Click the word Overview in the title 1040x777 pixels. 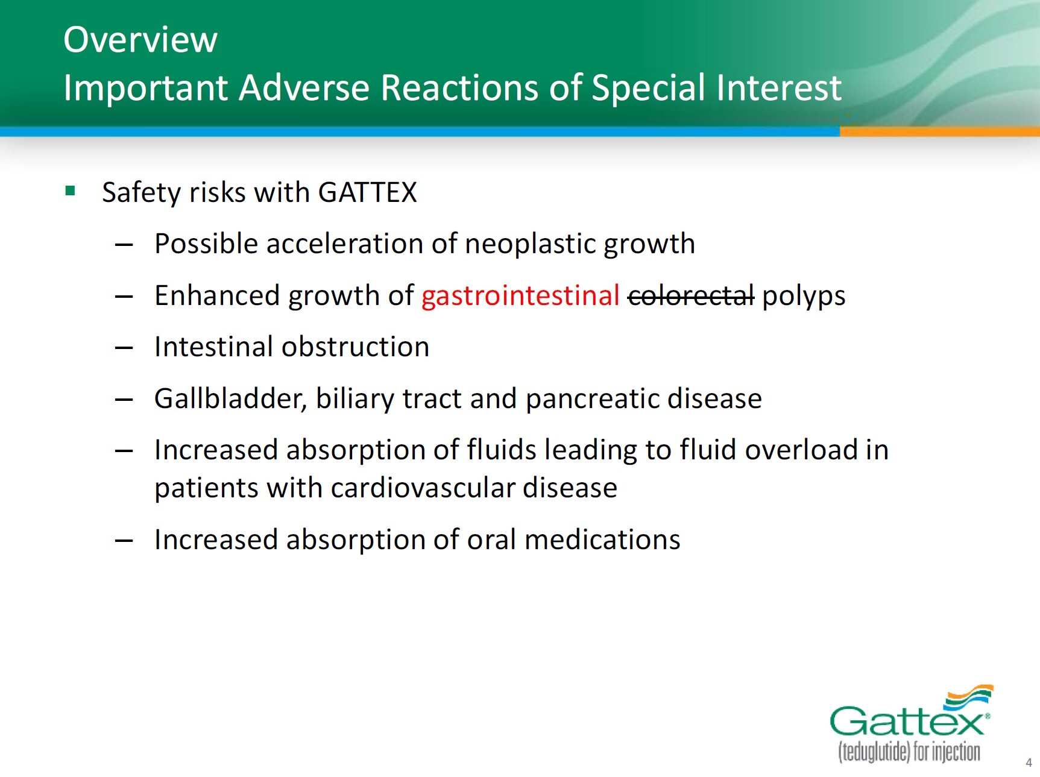(140, 40)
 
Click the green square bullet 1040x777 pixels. (70, 191)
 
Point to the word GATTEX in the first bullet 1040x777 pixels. (367, 192)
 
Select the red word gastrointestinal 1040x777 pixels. (520, 296)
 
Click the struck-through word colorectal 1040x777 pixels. (691, 296)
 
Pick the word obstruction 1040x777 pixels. (355, 347)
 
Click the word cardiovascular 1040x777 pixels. (423, 488)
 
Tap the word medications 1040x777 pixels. (602, 539)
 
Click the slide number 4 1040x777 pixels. (1029, 763)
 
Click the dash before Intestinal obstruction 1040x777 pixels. (124, 348)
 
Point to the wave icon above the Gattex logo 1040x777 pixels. (969, 696)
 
